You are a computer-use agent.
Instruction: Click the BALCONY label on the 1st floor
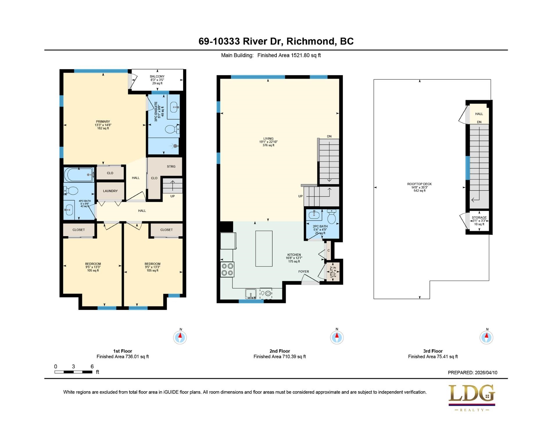157,76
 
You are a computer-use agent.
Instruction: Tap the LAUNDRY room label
110,191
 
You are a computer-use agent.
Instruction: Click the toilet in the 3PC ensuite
172,129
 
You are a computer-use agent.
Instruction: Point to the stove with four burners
227,269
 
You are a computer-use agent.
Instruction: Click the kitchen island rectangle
264,248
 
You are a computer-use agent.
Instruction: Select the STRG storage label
171,167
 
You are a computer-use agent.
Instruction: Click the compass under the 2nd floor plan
337,337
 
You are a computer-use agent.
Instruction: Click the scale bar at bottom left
73,372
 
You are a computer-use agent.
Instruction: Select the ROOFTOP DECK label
419,184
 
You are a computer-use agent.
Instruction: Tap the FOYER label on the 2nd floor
304,271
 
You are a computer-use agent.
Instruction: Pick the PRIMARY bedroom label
103,121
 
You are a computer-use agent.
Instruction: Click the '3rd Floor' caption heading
433,351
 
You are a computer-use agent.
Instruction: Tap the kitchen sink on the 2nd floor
251,294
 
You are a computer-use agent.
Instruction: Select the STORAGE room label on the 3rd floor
479,217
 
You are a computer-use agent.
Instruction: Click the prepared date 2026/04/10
486,373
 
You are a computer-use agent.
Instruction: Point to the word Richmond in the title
311,41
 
